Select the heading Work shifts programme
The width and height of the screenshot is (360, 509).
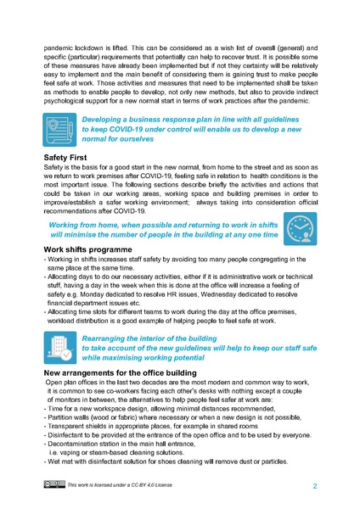[92, 250]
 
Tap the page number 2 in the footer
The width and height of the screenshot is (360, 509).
[315, 486]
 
